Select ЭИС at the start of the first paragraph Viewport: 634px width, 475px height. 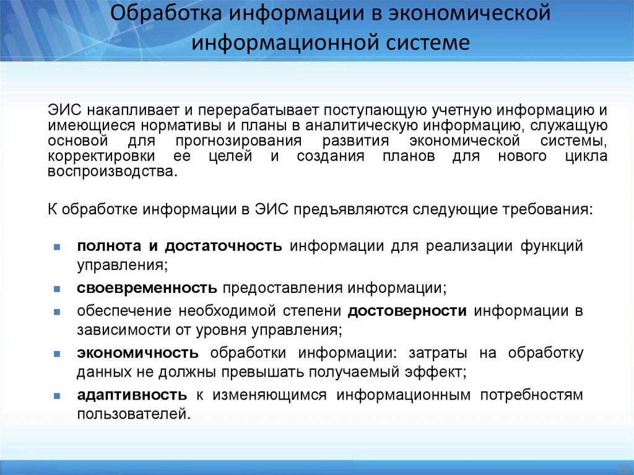click(x=63, y=111)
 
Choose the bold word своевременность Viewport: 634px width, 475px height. click(x=147, y=289)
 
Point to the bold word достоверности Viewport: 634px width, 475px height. click(x=407, y=310)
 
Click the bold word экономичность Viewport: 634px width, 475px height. click(x=137, y=353)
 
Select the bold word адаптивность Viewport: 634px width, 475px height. click(x=132, y=394)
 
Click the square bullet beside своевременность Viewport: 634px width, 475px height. click(x=56, y=289)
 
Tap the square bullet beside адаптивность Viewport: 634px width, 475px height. click(x=56, y=395)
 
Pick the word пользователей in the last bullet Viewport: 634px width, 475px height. click(x=131, y=412)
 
